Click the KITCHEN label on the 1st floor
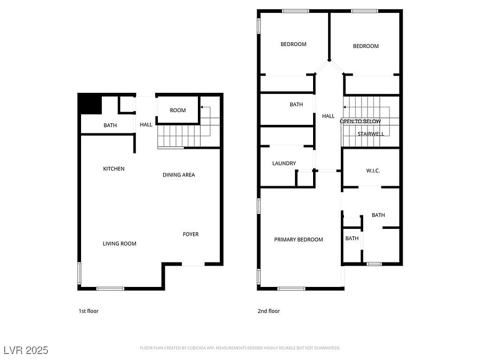coord(114,169)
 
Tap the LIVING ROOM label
coord(119,244)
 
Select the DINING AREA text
coord(179,175)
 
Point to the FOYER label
coord(191,234)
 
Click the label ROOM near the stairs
coord(178,110)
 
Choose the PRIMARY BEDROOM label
coord(299,239)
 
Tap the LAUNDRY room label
coord(284,164)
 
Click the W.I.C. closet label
coord(373,171)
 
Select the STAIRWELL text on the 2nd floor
coord(371,134)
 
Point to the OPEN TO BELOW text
coord(361,122)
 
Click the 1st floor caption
coord(89,311)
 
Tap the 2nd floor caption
coord(269,311)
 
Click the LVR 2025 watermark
coord(26,350)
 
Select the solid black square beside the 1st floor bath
coord(90,104)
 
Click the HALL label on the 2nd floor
coord(328,116)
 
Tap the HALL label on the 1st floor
coord(146,125)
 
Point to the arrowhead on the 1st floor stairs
coord(202,107)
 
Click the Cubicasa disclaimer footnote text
coord(240,348)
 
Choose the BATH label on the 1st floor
coord(110,125)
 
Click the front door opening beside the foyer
coord(193,264)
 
